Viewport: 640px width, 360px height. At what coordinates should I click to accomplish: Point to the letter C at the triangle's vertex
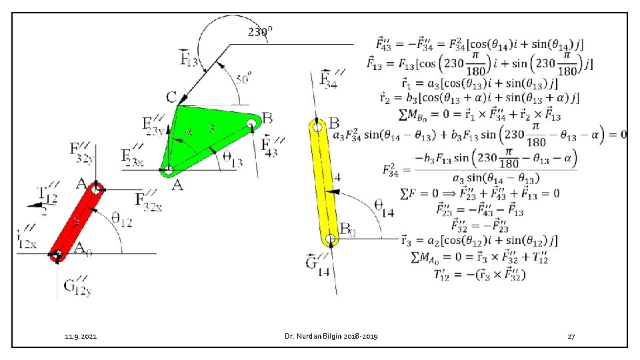tap(171, 97)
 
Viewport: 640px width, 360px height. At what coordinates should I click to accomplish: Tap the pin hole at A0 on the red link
tap(57, 253)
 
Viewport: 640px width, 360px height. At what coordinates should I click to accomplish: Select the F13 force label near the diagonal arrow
tap(189, 58)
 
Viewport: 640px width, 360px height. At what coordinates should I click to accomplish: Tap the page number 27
tap(571, 337)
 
